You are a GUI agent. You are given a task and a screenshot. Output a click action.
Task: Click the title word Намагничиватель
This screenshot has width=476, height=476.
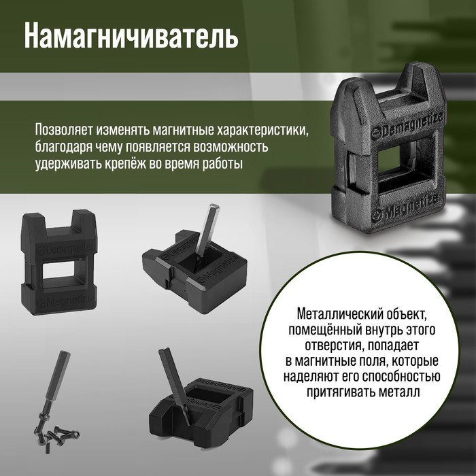[x=131, y=36]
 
